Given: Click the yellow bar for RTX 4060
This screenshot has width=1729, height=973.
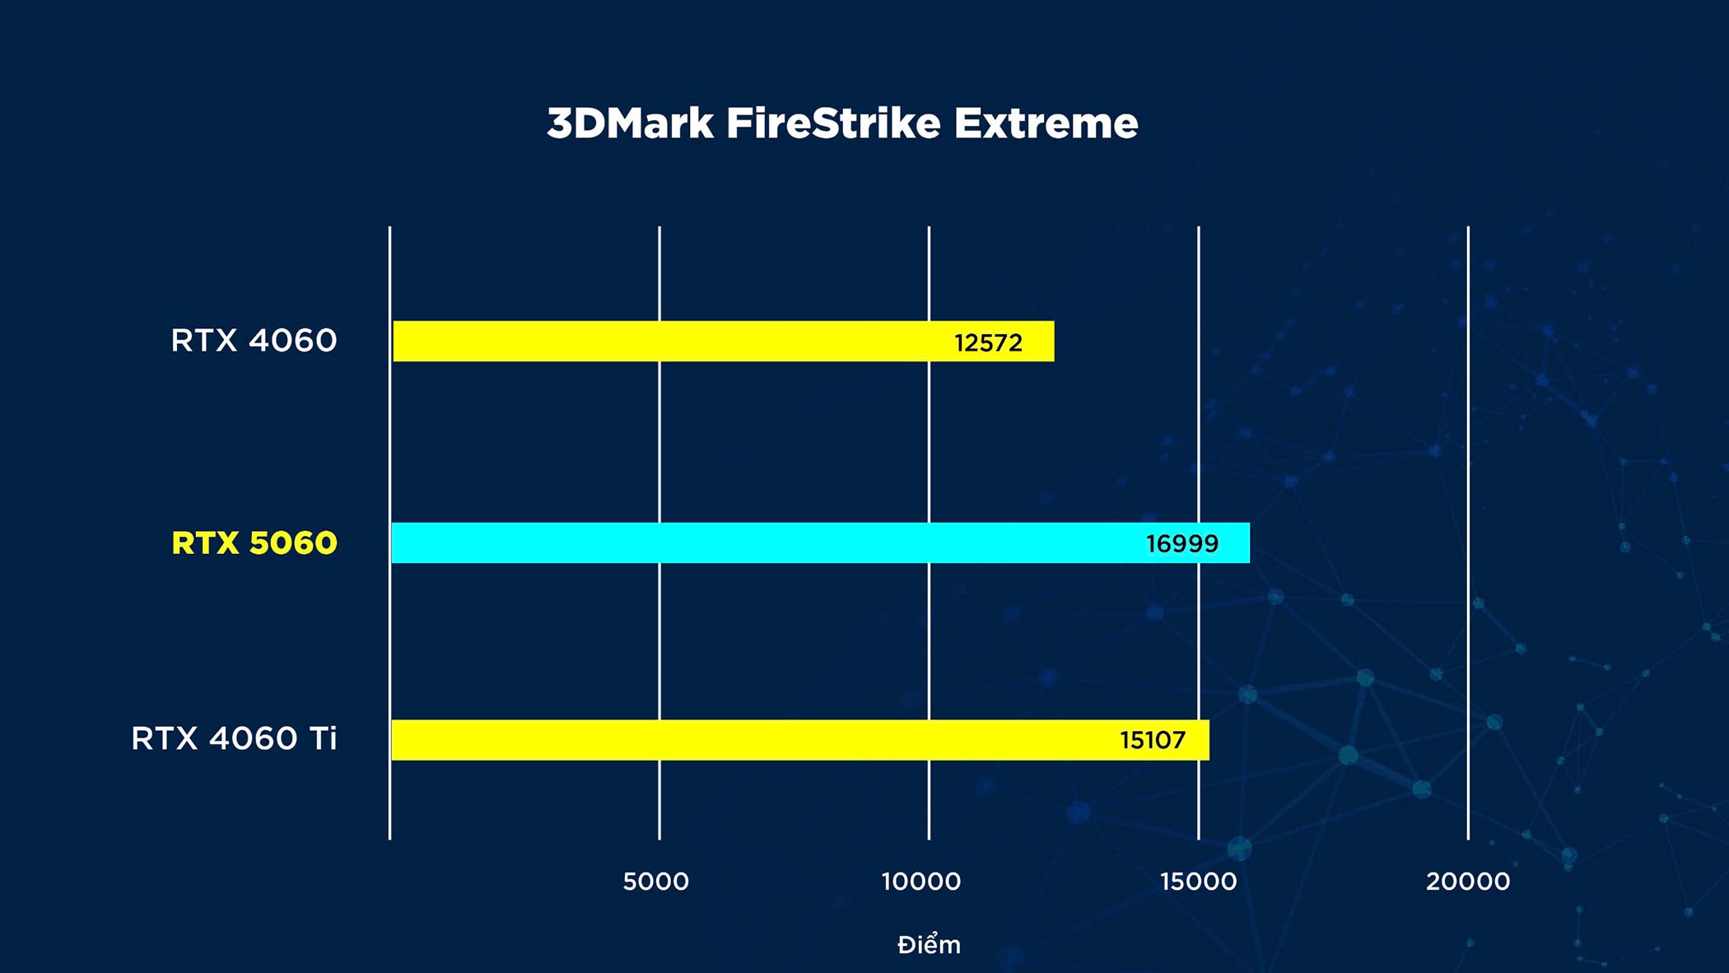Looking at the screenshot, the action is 723,341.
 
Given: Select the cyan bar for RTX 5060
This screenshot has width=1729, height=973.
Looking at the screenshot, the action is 820,542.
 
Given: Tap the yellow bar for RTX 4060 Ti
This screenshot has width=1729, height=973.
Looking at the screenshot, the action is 800,739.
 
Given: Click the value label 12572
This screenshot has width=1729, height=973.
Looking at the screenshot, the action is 988,342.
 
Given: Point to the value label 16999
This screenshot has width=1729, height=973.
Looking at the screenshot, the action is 1182,543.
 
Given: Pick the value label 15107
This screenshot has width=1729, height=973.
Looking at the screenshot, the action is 1153,740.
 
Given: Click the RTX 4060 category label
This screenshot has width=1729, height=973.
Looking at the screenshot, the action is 254,340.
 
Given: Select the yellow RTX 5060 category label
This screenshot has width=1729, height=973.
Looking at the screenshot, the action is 254,543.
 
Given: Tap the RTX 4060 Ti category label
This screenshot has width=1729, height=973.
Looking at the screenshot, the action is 234,738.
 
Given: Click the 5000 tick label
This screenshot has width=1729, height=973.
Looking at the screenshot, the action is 655,882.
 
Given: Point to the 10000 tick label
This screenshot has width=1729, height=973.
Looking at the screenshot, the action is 921,882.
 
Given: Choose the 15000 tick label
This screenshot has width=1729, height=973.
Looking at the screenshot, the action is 1198,882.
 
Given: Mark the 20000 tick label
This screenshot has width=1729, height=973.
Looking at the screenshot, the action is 1468,882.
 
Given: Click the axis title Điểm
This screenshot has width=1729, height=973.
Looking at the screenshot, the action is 929,943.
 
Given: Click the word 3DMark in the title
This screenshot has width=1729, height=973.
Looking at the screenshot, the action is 630,123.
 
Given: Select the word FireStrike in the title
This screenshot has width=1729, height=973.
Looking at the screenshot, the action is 833,123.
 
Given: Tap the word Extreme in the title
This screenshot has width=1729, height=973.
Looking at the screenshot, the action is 1046,123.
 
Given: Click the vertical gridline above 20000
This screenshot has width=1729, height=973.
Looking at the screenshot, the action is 1468,533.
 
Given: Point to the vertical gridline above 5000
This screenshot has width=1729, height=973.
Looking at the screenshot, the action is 659,533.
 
